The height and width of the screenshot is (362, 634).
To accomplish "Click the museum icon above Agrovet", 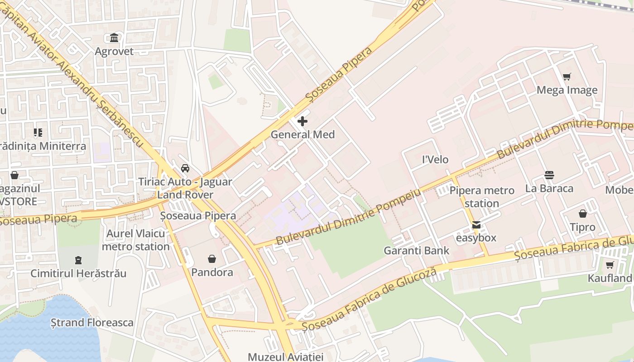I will click(x=114, y=38).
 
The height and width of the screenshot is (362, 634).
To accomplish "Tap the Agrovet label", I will click(x=114, y=51).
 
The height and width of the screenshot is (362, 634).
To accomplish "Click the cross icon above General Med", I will click(x=303, y=121).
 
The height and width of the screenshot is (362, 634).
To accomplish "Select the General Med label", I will click(x=303, y=134).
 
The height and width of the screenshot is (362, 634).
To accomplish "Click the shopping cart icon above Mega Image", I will click(x=567, y=77).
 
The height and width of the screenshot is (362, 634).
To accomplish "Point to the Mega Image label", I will click(x=567, y=90).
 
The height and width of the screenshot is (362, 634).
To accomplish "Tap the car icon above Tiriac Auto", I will click(x=185, y=168).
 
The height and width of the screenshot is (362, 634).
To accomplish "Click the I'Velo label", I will click(x=435, y=159).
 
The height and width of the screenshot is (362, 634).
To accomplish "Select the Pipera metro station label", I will click(x=482, y=197).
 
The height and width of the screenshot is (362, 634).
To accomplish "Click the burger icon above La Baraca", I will click(x=549, y=175).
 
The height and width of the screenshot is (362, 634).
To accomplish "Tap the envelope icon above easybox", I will click(x=476, y=225).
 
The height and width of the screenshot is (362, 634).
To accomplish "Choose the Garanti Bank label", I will click(x=417, y=251).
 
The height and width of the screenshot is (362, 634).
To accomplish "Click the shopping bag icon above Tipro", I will click(x=583, y=214).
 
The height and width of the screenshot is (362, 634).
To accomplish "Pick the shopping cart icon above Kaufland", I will click(x=610, y=265).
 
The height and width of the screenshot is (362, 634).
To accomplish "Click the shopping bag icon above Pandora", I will click(x=212, y=259).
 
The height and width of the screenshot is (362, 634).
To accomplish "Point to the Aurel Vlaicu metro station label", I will click(x=136, y=240).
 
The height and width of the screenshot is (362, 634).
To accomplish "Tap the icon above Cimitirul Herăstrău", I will click(x=78, y=260).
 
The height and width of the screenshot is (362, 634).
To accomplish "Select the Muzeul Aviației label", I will click(x=285, y=357).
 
